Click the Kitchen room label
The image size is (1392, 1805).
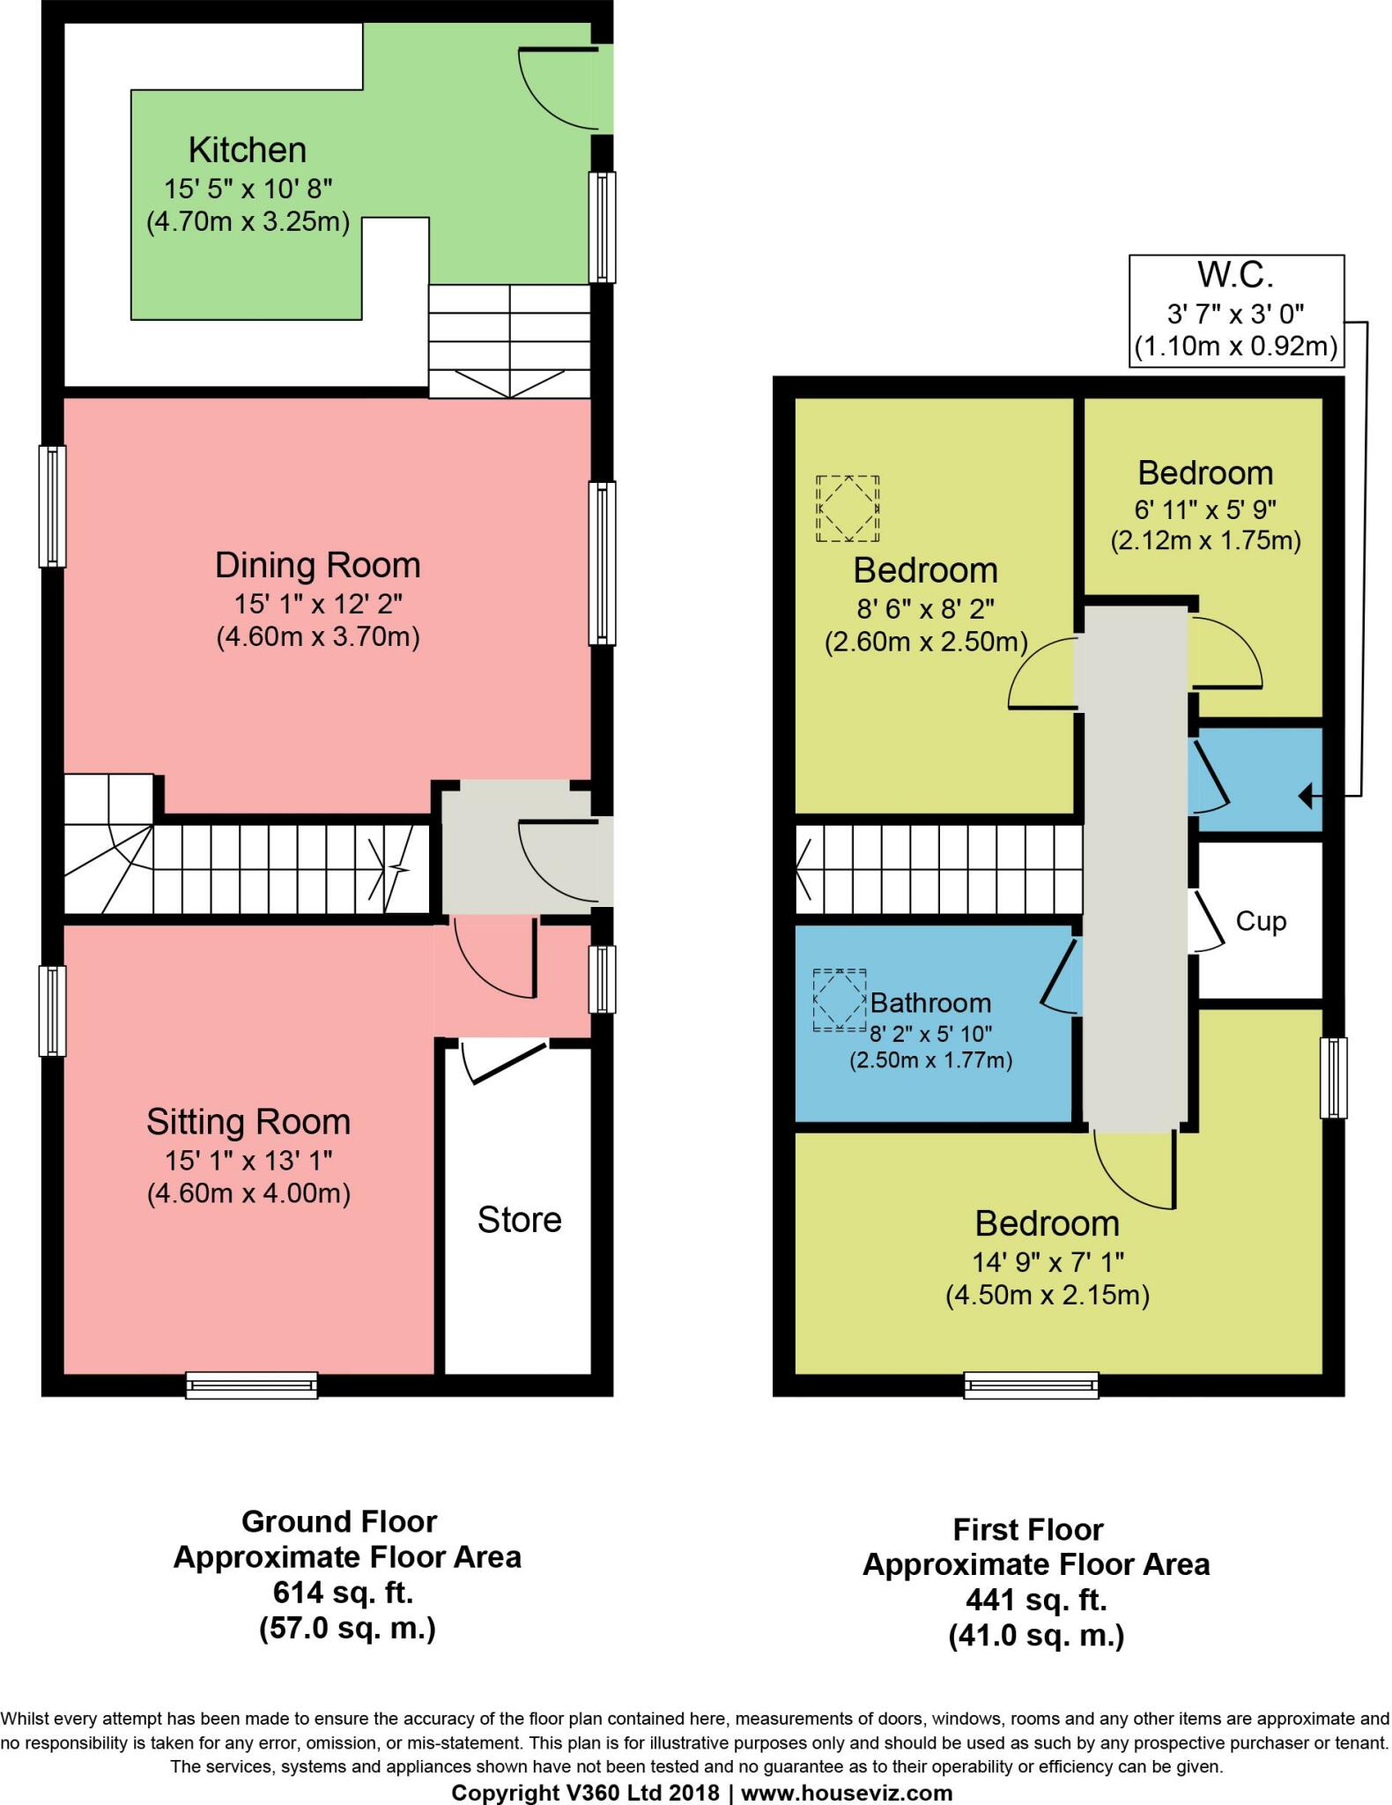coord(247,151)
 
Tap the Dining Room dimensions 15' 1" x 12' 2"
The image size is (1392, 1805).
coord(317,604)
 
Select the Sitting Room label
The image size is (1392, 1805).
coord(248,1122)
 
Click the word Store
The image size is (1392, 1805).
coord(519,1220)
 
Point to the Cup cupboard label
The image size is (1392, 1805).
coord(1261,921)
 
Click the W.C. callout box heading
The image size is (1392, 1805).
coord(1235,276)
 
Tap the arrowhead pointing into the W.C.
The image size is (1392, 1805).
coord(1306,797)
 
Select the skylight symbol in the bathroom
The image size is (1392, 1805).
coord(839,1000)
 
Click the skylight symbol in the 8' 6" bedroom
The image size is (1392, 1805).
coord(848,509)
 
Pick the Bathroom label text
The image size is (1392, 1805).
coord(930,1003)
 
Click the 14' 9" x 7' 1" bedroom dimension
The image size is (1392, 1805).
coord(1047,1263)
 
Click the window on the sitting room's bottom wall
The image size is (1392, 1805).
coord(251,1385)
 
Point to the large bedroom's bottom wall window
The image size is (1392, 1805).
coord(1031,1385)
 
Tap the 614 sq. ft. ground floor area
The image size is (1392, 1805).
coord(343,1593)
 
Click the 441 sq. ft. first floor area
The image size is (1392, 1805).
coord(1035,1600)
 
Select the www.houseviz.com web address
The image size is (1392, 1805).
coord(847,1793)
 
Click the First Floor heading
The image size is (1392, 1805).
coord(1028,1529)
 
